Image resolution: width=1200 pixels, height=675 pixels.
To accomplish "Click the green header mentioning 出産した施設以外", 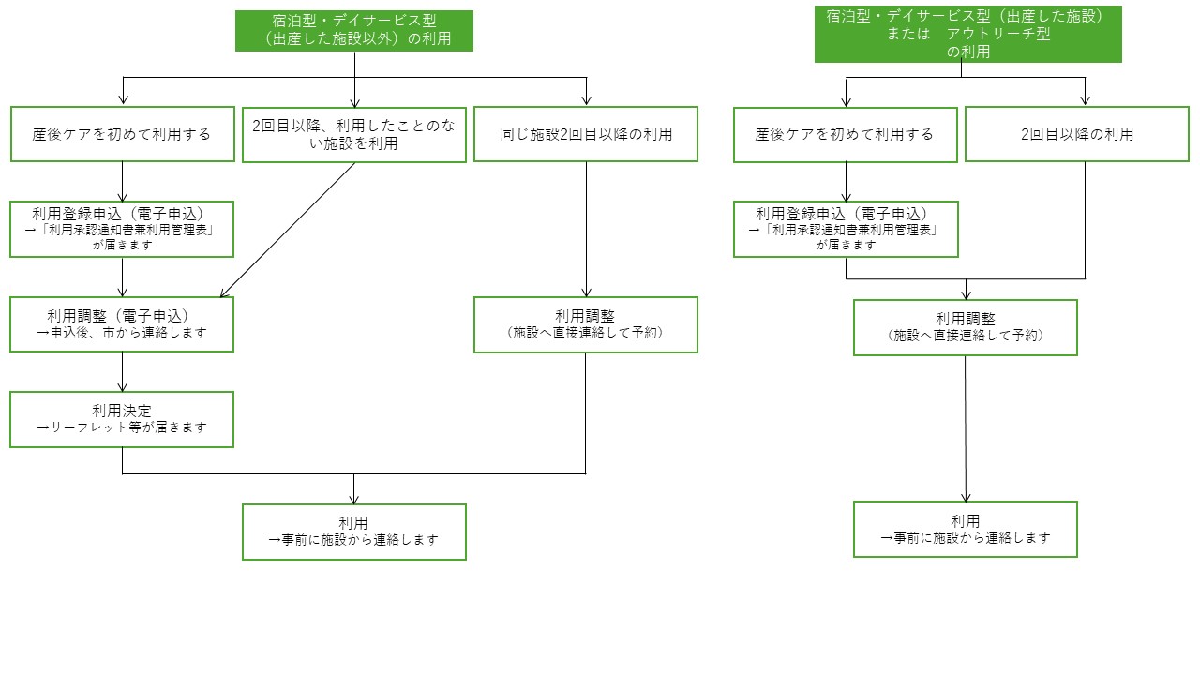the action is pos(354,31).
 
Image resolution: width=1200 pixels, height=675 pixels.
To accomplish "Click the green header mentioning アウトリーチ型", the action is pos(968,35).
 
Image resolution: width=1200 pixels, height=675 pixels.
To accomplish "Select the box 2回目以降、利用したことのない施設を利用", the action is pos(354,135).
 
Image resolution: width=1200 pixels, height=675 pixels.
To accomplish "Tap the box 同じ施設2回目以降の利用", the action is pos(586,134).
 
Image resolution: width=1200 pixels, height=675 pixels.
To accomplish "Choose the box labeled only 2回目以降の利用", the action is pos(1077,134).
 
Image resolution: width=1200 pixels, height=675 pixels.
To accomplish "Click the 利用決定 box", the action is pos(122,419).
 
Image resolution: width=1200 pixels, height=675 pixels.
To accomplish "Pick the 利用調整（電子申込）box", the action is pos(122,324).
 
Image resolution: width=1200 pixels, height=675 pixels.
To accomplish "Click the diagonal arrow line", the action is pos(288,230).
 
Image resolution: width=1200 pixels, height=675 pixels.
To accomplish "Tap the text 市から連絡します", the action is pos(155,333).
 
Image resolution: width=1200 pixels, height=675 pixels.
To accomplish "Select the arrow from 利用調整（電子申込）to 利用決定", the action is pos(122,372).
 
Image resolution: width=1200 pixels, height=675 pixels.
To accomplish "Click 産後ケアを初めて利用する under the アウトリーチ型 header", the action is pos(845,134).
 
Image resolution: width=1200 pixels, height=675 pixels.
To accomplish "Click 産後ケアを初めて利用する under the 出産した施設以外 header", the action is pos(122,134).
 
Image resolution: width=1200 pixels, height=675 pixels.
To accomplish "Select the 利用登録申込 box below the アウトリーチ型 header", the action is pos(846,230).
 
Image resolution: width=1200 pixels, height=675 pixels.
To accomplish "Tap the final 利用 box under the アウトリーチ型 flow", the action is pos(966,530).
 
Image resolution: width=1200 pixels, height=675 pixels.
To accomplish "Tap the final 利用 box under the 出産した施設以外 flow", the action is pos(354,532).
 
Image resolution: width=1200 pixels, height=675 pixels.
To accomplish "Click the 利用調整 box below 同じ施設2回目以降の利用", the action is pos(586,324).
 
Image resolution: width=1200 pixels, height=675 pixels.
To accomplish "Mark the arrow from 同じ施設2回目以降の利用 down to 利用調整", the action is pos(586,230).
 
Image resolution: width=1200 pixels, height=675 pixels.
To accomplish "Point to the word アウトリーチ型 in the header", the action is pos(998,34).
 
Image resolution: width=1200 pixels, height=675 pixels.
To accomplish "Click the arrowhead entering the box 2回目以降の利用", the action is pos(1086,101).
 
